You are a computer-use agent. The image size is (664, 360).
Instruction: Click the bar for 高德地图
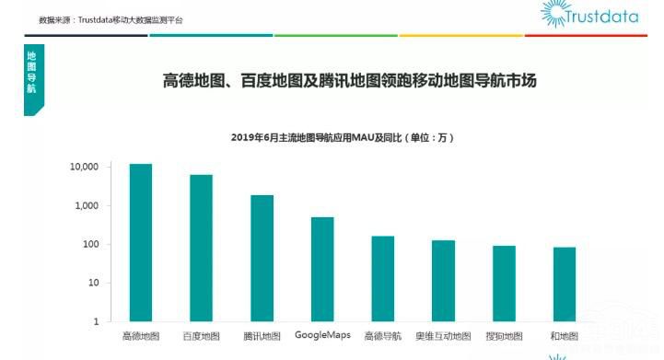click(x=141, y=243)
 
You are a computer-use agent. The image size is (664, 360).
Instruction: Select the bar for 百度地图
click(x=202, y=249)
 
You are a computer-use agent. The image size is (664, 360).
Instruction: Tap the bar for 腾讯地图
click(x=262, y=259)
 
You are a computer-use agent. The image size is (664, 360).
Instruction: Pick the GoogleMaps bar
click(x=322, y=270)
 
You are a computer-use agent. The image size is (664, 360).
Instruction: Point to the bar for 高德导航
click(x=383, y=279)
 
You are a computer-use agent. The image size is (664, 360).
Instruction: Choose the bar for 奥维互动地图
click(x=444, y=281)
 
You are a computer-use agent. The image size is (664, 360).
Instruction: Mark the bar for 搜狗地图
click(x=504, y=284)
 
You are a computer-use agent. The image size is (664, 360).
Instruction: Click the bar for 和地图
click(x=564, y=285)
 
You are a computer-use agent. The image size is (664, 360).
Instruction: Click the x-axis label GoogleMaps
click(x=322, y=335)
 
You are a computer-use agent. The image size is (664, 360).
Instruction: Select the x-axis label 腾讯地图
click(x=262, y=336)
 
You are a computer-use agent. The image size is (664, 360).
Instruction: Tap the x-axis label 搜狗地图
click(x=504, y=336)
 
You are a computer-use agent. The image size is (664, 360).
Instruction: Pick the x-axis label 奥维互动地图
click(x=444, y=336)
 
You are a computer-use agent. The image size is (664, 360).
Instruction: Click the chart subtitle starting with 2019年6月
click(x=342, y=137)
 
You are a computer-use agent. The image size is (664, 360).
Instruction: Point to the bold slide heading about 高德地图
click(x=349, y=81)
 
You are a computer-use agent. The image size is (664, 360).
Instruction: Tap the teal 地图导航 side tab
click(x=33, y=77)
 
